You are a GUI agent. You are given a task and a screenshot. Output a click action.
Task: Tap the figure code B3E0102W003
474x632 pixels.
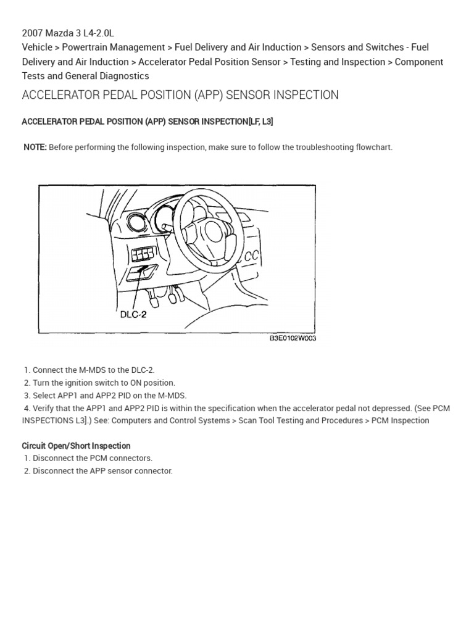(x=293, y=339)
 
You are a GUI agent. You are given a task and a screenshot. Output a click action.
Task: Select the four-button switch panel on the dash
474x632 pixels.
(x=143, y=254)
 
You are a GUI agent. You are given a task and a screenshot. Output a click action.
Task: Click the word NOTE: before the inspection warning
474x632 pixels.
(x=35, y=147)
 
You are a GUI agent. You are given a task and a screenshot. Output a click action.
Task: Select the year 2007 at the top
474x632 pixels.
(x=33, y=32)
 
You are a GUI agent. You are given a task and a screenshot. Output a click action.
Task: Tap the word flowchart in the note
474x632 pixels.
(x=372, y=147)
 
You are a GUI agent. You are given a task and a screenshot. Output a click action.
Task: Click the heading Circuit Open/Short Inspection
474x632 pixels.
(x=76, y=446)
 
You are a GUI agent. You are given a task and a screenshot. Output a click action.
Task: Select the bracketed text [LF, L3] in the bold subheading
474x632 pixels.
(x=260, y=122)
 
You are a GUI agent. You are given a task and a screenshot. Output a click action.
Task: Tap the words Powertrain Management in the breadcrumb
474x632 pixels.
(x=114, y=47)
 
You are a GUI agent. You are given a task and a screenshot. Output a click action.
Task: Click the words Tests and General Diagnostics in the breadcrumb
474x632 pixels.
(x=85, y=76)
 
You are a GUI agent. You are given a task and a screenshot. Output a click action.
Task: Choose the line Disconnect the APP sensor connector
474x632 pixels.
(x=102, y=471)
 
